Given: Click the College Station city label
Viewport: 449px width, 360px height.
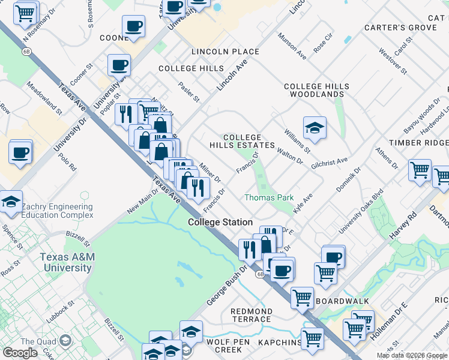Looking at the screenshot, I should click(220, 222).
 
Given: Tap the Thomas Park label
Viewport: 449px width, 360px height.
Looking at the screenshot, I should click(268, 197).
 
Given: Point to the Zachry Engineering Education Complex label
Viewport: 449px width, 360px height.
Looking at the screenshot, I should click(57, 211).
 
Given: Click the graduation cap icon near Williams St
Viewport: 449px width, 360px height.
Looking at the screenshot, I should click(315, 128).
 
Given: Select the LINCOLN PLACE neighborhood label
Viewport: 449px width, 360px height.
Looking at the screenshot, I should click(225, 52).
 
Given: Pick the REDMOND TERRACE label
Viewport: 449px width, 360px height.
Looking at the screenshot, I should click(252, 316).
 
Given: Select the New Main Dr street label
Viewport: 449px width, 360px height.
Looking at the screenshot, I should click(142, 201).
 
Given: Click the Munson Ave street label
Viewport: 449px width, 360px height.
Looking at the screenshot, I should click(292, 46).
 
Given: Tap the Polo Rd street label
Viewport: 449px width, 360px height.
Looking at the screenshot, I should click(68, 164).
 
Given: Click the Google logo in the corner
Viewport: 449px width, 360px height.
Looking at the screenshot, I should click(20, 353).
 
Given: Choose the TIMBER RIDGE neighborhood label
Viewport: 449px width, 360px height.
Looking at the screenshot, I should click(418, 143).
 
